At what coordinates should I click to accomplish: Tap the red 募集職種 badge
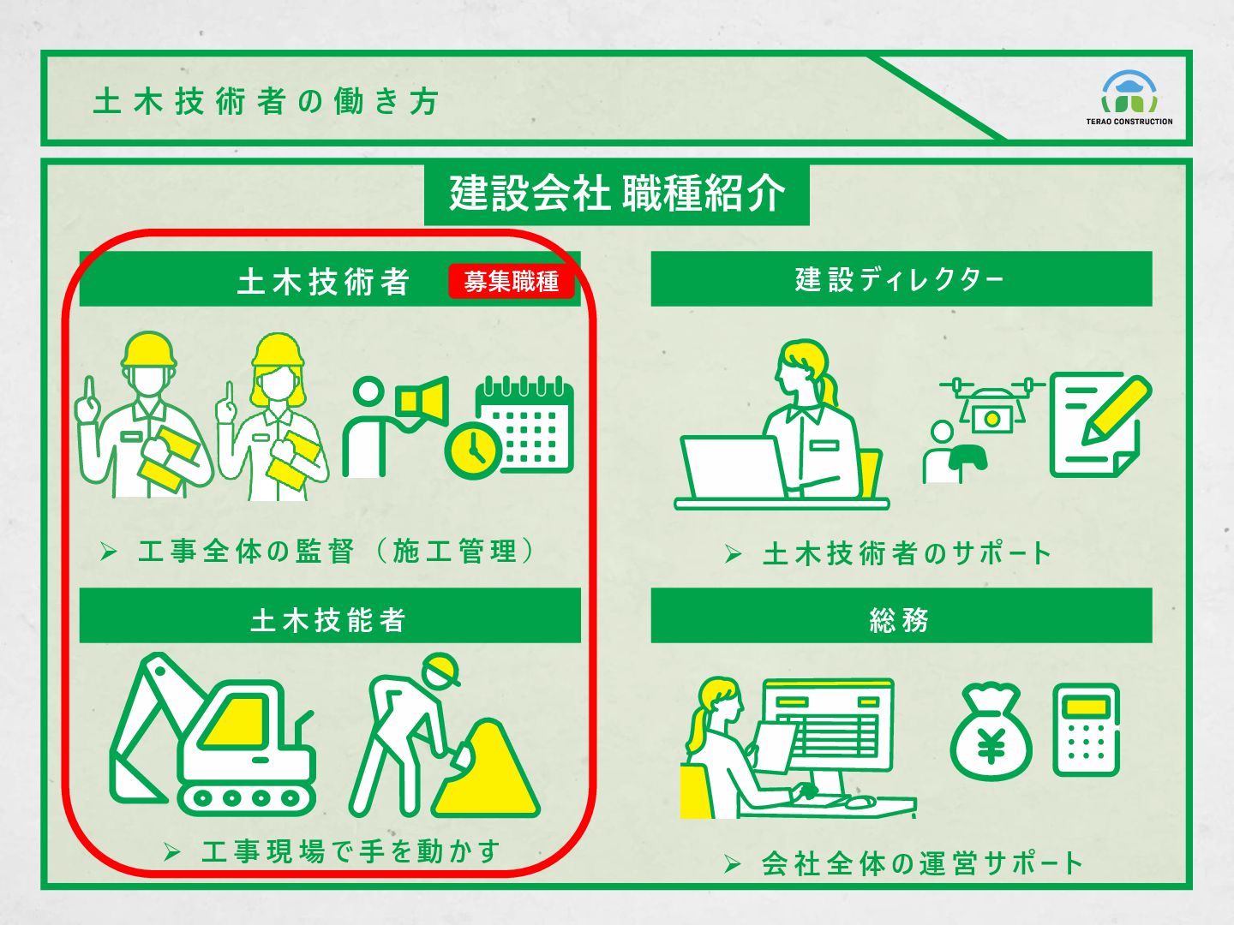(512, 281)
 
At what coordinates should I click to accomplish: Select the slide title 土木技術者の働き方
(266, 102)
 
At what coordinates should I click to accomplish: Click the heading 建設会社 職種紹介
(617, 194)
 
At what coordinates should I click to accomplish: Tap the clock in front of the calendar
(473, 451)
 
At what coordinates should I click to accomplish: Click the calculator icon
(1086, 730)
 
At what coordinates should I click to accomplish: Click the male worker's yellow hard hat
(149, 349)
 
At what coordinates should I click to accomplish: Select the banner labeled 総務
(902, 616)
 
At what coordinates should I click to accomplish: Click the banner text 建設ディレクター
(899, 279)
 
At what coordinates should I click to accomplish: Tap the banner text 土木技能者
(327, 620)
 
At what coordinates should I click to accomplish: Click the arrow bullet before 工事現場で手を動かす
(172, 852)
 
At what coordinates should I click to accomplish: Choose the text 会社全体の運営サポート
(922, 864)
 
